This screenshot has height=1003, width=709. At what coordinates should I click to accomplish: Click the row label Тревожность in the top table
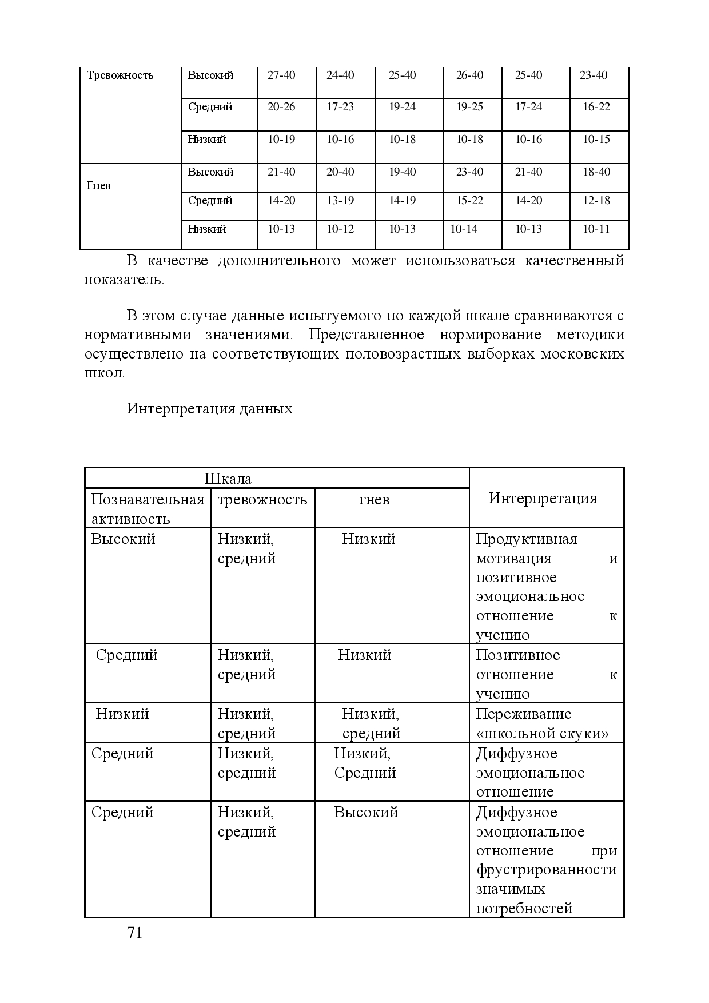(120, 75)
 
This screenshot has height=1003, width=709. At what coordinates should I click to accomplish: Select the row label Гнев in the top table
(98, 186)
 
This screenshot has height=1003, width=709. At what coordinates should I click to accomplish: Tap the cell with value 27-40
(281, 75)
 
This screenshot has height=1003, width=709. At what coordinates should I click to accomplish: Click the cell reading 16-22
(596, 107)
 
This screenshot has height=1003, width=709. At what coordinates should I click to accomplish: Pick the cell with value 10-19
(281, 140)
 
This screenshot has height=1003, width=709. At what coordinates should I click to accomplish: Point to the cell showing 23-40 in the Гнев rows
(469, 172)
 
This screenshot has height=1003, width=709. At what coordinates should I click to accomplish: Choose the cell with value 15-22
(469, 201)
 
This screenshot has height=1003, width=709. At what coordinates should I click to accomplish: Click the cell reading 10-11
(596, 229)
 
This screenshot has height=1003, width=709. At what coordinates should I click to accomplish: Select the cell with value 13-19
(340, 201)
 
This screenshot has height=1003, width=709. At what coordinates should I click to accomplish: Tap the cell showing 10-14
(464, 229)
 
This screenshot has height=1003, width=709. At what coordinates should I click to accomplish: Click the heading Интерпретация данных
(209, 409)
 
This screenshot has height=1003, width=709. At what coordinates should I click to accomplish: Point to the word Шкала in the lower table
(228, 479)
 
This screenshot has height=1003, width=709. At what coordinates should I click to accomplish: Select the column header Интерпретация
(543, 499)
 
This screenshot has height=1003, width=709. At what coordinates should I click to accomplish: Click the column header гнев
(374, 500)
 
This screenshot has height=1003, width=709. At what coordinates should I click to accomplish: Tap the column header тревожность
(262, 500)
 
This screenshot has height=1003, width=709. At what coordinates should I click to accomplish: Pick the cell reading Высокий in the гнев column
(366, 813)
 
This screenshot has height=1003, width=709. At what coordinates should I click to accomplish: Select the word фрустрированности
(546, 870)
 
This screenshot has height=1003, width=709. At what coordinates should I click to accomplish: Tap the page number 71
(134, 933)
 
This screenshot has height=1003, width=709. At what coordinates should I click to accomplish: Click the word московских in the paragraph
(582, 354)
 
